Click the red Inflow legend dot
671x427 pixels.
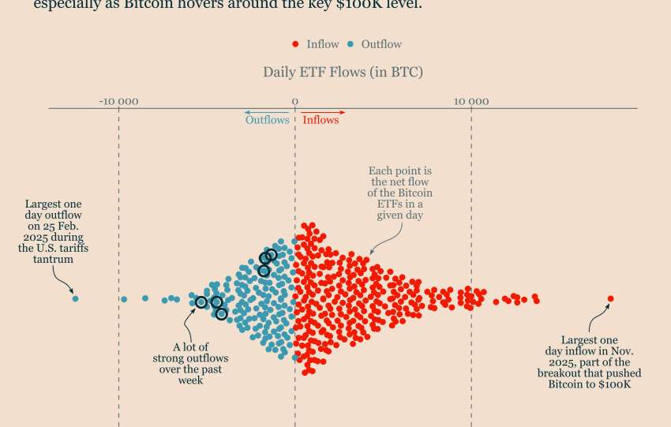[x=295, y=45]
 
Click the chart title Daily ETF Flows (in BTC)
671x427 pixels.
[x=343, y=73]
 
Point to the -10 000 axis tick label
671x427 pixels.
[x=118, y=101]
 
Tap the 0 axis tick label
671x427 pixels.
[x=294, y=101]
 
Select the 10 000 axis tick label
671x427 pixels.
[x=470, y=101]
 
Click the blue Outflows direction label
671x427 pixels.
[x=267, y=120]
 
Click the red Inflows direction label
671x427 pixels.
[x=321, y=120]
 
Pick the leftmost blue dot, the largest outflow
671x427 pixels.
[x=75, y=298]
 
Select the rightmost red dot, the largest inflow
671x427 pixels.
[x=610, y=298]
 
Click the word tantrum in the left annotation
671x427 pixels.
[x=54, y=260]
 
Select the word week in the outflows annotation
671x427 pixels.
[x=190, y=380]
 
